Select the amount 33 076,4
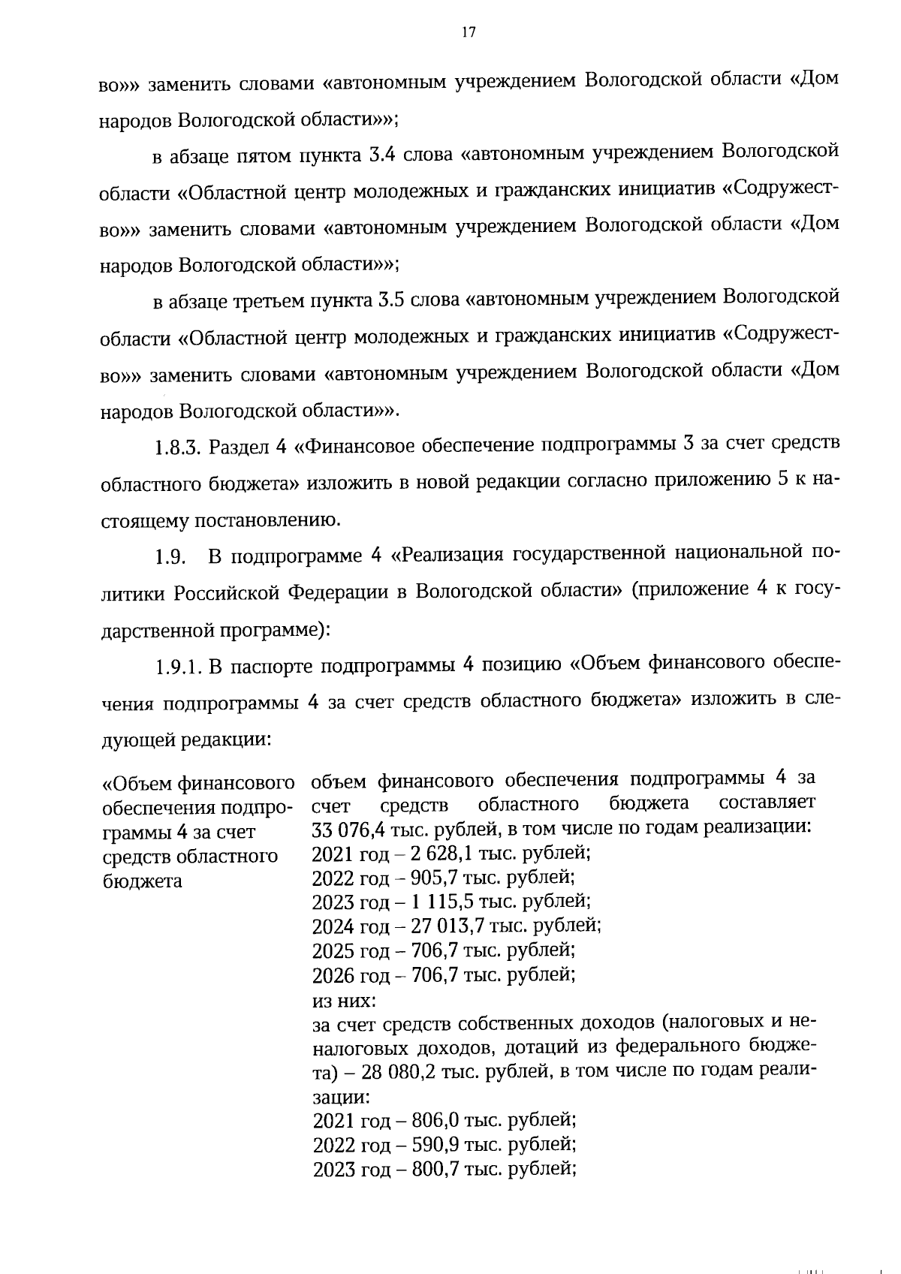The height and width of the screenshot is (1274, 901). pyautogui.click(x=346, y=830)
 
